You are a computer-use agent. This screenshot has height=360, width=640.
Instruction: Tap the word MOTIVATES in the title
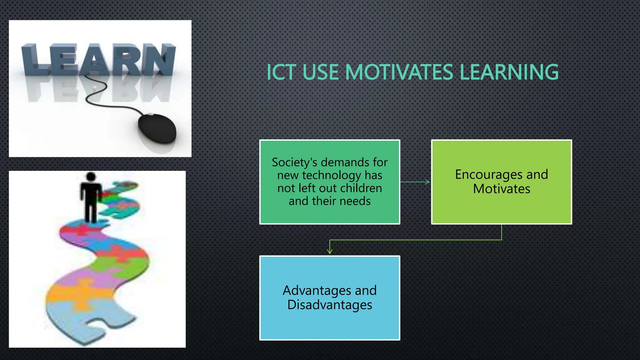click(399, 72)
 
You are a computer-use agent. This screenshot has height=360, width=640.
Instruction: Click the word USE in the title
click(320, 72)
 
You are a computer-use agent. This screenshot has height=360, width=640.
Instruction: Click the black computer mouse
click(157, 128)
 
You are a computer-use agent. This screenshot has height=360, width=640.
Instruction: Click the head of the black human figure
click(91, 177)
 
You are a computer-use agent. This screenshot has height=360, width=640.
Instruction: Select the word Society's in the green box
click(294, 162)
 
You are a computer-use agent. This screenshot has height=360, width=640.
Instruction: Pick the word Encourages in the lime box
click(488, 174)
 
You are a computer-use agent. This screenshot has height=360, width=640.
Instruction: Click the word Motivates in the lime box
click(502, 189)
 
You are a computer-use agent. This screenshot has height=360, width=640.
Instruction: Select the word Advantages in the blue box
click(317, 291)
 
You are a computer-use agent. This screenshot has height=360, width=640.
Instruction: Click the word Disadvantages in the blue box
click(330, 305)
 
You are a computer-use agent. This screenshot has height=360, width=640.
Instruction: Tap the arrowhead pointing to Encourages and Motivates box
click(428, 182)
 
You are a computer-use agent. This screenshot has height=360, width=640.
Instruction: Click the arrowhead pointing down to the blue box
click(330, 252)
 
